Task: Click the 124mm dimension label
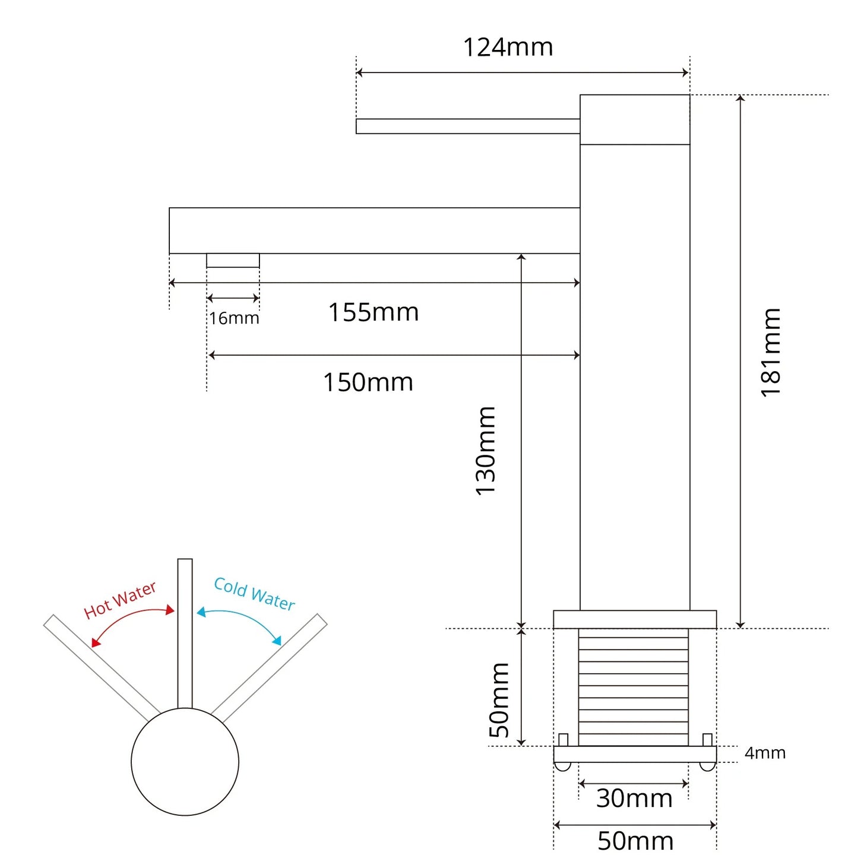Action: coord(508,48)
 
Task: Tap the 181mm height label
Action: coord(771,353)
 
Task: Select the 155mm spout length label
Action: coord(373,312)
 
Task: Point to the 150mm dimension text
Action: coord(368,382)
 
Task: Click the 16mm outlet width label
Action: coord(234,318)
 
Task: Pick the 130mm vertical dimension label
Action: coord(486,451)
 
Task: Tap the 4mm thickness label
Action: coord(765,753)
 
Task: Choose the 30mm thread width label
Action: coord(634,799)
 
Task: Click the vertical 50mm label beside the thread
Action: coord(499,700)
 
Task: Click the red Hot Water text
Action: coord(120,600)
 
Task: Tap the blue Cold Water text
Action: coord(254,594)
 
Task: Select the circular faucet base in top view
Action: coord(185,762)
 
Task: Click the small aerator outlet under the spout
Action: coord(233,261)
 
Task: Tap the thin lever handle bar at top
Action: coord(468,126)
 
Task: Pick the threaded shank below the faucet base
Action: coord(634,686)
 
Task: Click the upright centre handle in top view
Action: coord(185,633)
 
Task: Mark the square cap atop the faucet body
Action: coord(635,119)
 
